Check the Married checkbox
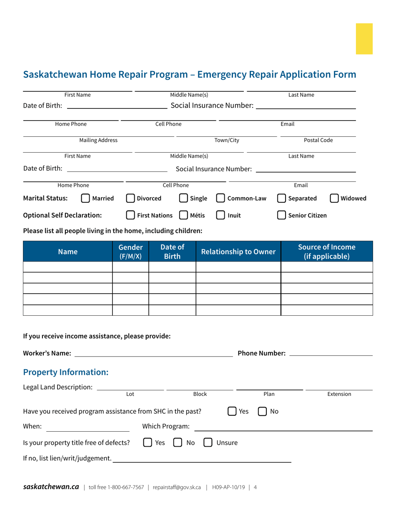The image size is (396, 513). [x=85, y=199]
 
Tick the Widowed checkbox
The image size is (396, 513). [x=334, y=199]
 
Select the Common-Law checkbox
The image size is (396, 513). [x=221, y=199]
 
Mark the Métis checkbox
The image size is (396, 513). [x=183, y=215]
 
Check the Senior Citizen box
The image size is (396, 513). [x=282, y=215]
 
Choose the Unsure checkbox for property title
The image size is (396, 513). [x=208, y=443]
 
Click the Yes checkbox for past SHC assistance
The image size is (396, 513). [x=232, y=411]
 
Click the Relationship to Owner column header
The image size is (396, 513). [x=238, y=251]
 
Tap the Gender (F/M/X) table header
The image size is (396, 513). [x=130, y=251]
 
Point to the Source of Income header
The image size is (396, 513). [x=326, y=251]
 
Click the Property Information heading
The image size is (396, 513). [x=66, y=372]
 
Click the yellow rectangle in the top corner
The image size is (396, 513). [x=364, y=39]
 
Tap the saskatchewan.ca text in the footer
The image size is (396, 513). [x=51, y=487]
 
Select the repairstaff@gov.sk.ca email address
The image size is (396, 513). [x=177, y=487]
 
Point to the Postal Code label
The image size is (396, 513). [x=318, y=140]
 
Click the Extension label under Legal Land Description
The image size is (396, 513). [x=339, y=394]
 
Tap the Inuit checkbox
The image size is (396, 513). [x=221, y=215]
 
